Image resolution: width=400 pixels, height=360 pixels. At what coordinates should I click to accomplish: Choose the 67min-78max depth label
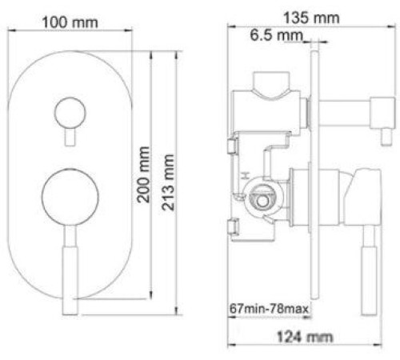click(x=269, y=308)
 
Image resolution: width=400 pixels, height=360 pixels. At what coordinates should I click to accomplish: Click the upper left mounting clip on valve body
click(x=234, y=146)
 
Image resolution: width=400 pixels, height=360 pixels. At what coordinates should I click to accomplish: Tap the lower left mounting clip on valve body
click(x=234, y=226)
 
